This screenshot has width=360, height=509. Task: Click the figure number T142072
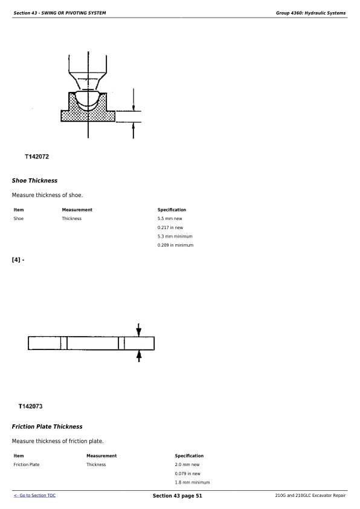(37, 157)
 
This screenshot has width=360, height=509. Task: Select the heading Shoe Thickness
(34, 181)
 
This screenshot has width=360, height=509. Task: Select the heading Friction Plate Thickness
(47, 427)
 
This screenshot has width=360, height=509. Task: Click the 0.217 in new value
(170, 227)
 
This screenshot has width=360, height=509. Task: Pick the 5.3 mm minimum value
(175, 236)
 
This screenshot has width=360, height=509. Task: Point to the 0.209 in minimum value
(175, 245)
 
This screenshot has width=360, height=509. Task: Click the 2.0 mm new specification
(187, 464)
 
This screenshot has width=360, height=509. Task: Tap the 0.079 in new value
(187, 473)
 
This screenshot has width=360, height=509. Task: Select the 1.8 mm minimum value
(192, 482)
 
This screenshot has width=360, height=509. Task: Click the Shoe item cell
(19, 218)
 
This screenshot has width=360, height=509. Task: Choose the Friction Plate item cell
(27, 464)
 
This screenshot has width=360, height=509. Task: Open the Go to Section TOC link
(34, 496)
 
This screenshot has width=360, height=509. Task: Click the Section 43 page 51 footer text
(177, 496)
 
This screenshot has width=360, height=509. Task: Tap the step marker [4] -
(18, 260)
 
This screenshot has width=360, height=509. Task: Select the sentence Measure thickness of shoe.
(47, 195)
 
